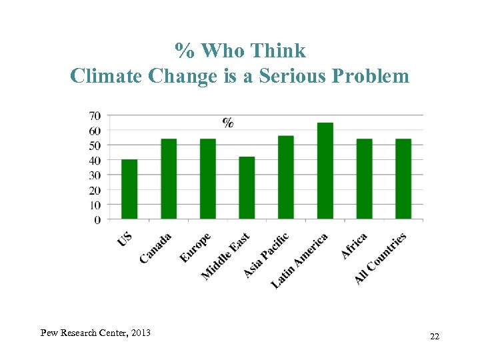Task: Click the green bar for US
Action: point(129,189)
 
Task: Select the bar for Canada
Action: point(169,179)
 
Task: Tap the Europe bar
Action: point(208,179)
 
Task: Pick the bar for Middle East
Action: point(247,188)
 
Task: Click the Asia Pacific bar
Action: point(286,177)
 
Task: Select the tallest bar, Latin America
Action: point(325,171)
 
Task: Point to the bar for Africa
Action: point(364,179)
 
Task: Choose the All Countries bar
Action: point(403,179)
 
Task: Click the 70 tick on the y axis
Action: point(95,115)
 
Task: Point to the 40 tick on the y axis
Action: point(95,160)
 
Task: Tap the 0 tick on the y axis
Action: point(98,219)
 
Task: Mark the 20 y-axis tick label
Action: point(95,190)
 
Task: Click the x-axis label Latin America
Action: point(300,260)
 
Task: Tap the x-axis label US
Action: point(125,239)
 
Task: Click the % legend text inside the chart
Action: point(228,122)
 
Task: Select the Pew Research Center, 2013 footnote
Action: point(95,333)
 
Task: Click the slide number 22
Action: point(435,337)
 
